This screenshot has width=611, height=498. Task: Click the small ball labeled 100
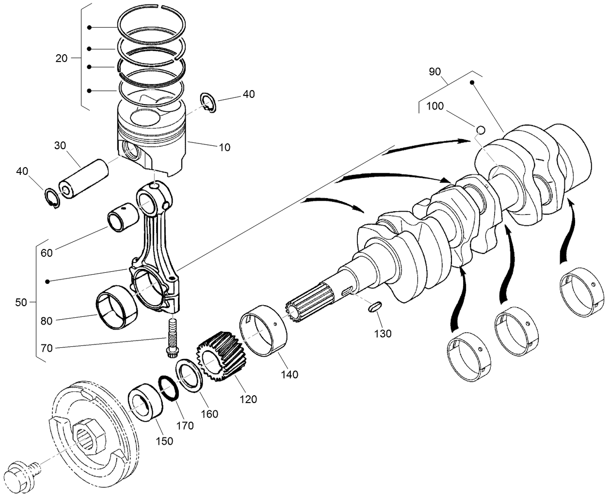tap(480, 130)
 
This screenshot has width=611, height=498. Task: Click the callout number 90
tap(434, 72)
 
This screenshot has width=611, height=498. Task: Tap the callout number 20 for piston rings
tap(61, 59)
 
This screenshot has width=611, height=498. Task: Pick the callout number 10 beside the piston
tap(224, 147)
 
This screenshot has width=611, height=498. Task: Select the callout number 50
tap(21, 302)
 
